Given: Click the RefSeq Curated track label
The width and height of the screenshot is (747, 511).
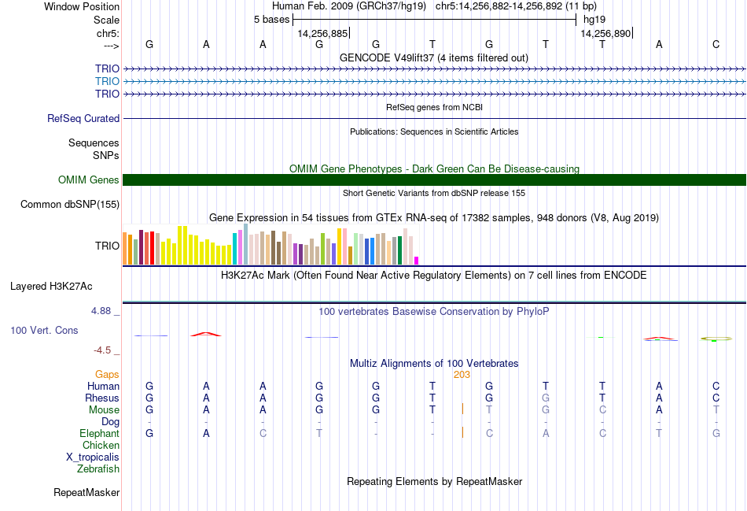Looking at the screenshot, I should click(83, 119).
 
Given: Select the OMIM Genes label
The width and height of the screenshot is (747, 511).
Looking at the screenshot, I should click(89, 180).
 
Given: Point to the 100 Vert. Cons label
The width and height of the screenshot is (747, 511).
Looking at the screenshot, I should click(44, 331).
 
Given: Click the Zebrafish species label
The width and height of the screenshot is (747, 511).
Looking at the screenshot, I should click(98, 469).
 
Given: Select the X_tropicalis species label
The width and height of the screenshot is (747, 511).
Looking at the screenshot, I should click(93, 457).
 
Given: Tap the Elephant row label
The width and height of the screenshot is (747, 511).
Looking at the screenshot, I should click(99, 434).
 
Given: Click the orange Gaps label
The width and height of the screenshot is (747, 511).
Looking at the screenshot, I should click(107, 375).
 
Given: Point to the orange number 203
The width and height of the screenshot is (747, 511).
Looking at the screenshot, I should click(462, 375).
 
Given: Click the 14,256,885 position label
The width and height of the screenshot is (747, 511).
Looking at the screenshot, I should click(322, 34).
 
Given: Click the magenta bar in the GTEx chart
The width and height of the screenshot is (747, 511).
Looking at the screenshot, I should click(417, 261).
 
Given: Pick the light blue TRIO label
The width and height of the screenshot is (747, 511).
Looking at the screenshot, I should click(107, 81).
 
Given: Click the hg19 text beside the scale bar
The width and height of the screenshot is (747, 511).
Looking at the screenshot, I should click(594, 19).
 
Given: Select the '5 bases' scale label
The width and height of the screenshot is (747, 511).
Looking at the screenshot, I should click(271, 19).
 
